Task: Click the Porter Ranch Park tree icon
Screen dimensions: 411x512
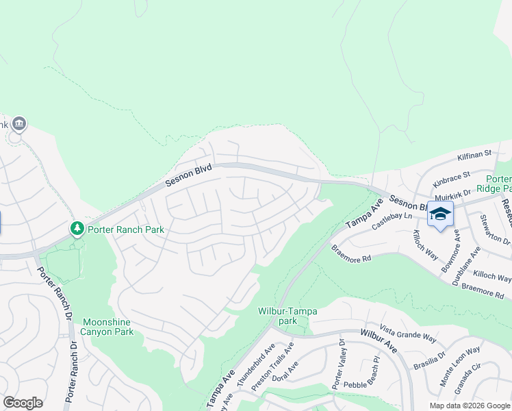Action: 78,227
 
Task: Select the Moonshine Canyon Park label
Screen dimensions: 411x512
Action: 108,326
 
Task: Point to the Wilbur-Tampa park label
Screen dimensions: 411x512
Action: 287,316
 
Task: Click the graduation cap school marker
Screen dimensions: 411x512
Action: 440,214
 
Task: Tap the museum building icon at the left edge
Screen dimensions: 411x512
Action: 18,124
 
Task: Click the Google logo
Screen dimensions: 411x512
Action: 23,403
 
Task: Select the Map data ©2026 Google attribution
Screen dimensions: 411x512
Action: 470,406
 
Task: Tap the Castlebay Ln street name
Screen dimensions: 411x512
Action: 391,221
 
